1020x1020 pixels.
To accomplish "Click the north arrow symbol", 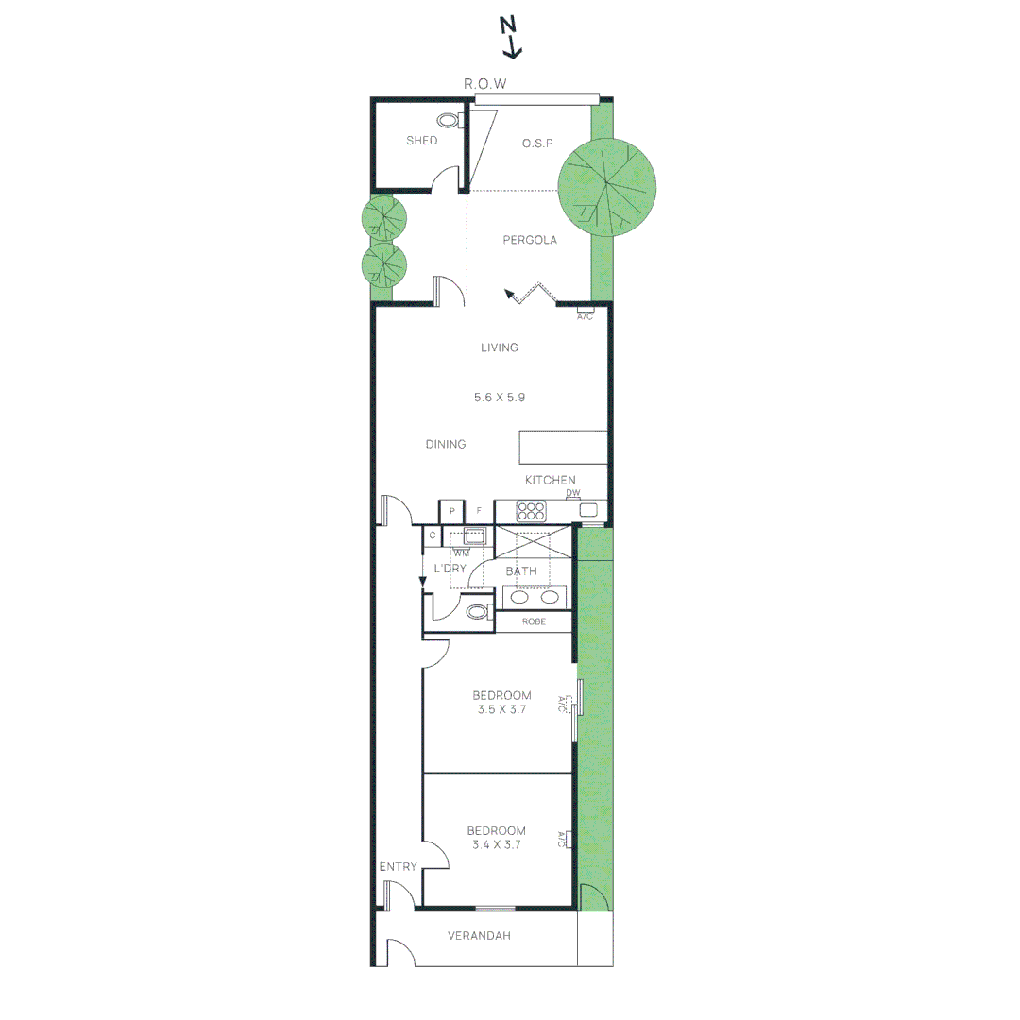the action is point(511,38).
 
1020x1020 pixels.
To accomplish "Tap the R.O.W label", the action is point(484,84).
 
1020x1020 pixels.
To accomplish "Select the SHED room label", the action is point(421,141).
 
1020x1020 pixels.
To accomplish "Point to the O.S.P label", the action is point(537,144).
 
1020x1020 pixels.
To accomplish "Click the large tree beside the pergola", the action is point(607,187).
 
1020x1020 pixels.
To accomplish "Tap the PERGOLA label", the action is point(530,240).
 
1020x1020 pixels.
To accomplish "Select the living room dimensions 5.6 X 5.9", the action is point(499,398).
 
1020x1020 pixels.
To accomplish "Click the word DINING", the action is point(446,444).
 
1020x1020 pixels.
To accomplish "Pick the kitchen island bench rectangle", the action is point(563,447).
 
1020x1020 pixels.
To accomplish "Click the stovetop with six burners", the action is point(531,511).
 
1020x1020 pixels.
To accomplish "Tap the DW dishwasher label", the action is point(572,493).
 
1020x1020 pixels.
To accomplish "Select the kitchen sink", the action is point(588,510).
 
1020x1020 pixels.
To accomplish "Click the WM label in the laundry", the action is point(461,553).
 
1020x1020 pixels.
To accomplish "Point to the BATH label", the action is point(521,571).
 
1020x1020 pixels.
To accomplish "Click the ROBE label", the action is point(534,621).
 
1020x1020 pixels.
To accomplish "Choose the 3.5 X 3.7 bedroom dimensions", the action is point(501,709).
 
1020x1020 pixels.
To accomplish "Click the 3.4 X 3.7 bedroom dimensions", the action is point(497,845).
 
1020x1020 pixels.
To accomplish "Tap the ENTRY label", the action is point(398,866).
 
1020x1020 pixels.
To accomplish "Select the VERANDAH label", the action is point(479,936).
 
